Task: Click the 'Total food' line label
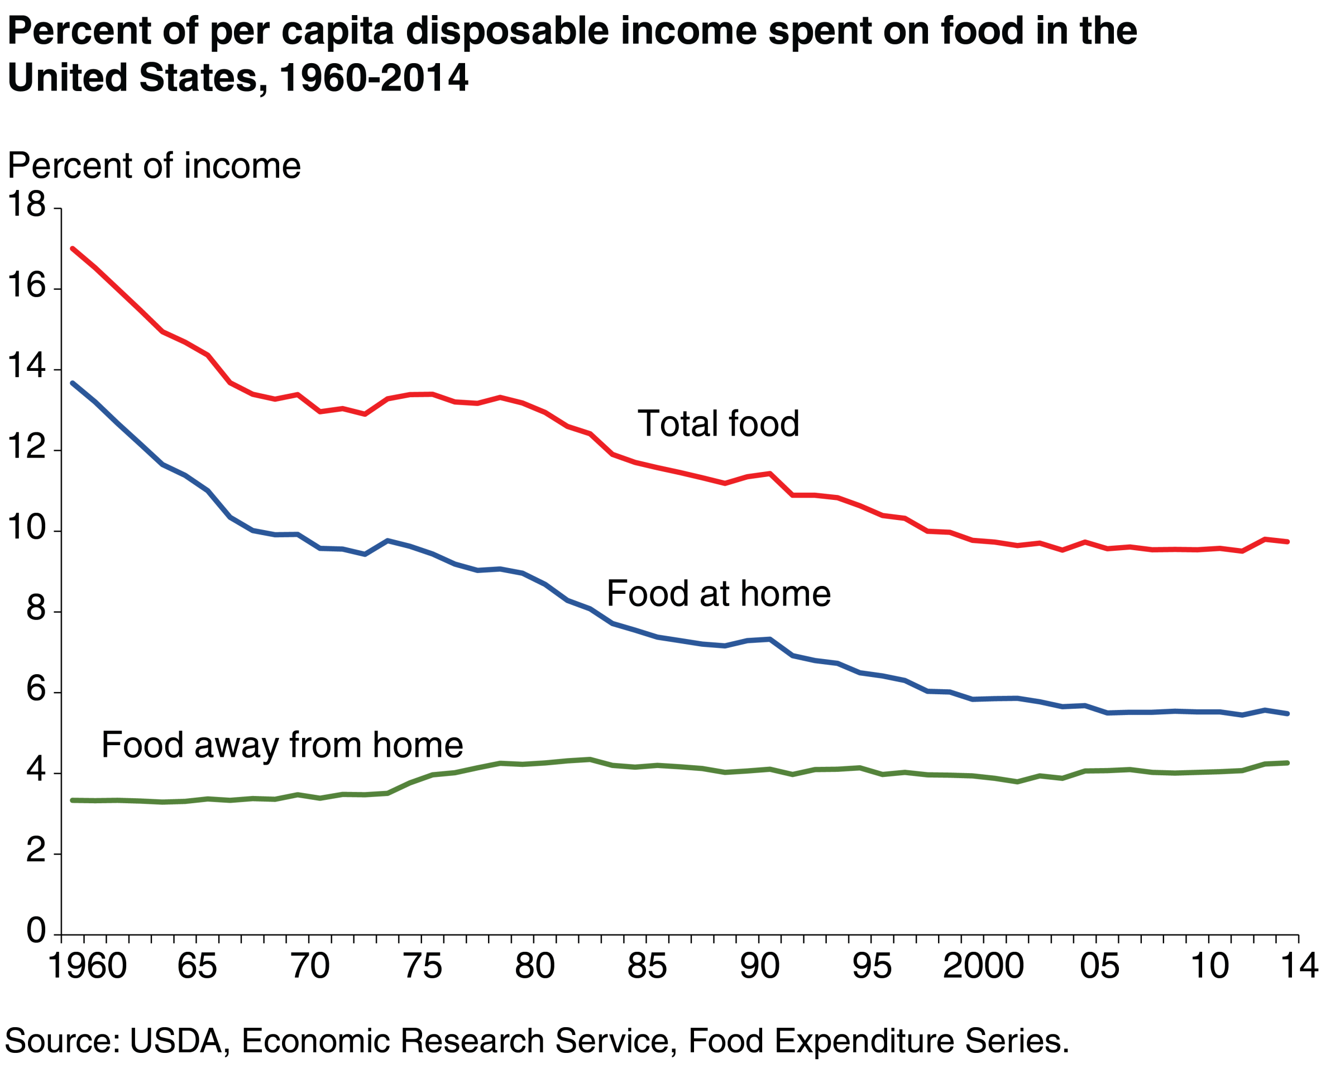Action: (x=718, y=424)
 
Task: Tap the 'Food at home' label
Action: (x=718, y=594)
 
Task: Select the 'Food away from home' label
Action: (x=282, y=745)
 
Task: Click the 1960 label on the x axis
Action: (x=87, y=967)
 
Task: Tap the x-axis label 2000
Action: (x=983, y=967)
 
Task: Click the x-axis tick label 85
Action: (x=647, y=967)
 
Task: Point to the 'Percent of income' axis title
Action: (x=154, y=166)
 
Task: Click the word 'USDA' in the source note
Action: (x=176, y=1041)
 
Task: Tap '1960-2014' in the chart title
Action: (x=373, y=78)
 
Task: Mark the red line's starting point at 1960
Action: (x=73, y=248)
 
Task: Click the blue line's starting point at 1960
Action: (x=73, y=383)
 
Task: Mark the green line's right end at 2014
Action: (x=1287, y=763)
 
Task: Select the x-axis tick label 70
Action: (x=310, y=967)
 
